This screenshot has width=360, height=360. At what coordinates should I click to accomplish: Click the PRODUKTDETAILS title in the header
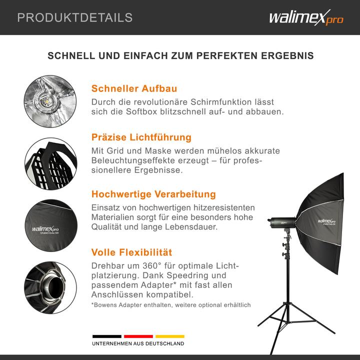coord(75,17)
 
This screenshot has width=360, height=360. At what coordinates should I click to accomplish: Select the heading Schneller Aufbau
coord(134,88)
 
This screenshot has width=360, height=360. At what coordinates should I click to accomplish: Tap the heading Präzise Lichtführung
coord(141,137)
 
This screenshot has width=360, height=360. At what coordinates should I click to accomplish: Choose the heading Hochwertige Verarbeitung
coord(153,194)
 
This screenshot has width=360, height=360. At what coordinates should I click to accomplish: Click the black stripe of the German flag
coord(106,336)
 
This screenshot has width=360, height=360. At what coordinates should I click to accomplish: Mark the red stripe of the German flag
coord(138,336)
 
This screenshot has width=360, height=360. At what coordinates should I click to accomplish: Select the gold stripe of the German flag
coord(169,336)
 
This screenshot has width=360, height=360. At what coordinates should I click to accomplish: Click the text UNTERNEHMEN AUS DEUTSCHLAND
coord(138,344)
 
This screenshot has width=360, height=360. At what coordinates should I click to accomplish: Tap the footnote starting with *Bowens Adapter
coord(171,304)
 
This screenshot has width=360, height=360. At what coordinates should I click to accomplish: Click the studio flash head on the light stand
coord(282,220)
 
